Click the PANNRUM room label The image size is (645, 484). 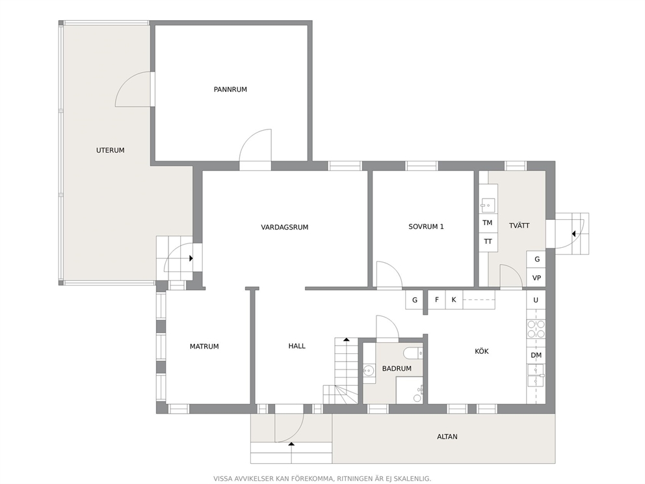[x=230, y=89]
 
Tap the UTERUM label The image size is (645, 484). [x=111, y=150]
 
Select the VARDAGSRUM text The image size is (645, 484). [x=285, y=227]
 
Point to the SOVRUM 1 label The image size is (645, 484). [x=426, y=226]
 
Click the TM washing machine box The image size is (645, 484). [x=488, y=222]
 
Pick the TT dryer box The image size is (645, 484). [x=488, y=241]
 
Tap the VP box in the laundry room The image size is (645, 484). [x=536, y=278]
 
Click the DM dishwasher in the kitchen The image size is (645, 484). [x=536, y=355]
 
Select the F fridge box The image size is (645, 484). [x=437, y=300]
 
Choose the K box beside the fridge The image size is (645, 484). [x=454, y=300]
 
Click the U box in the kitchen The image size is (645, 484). [x=536, y=300]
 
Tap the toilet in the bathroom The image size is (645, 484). [x=413, y=353]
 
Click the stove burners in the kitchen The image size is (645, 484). [x=536, y=329]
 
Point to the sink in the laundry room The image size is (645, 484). [x=488, y=204]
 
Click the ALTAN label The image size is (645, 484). [x=447, y=437]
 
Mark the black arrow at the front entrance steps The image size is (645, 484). [x=292, y=444]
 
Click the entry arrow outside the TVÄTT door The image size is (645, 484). [x=573, y=234]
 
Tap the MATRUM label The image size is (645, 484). [x=204, y=347]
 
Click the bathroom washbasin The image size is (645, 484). [x=369, y=371]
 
